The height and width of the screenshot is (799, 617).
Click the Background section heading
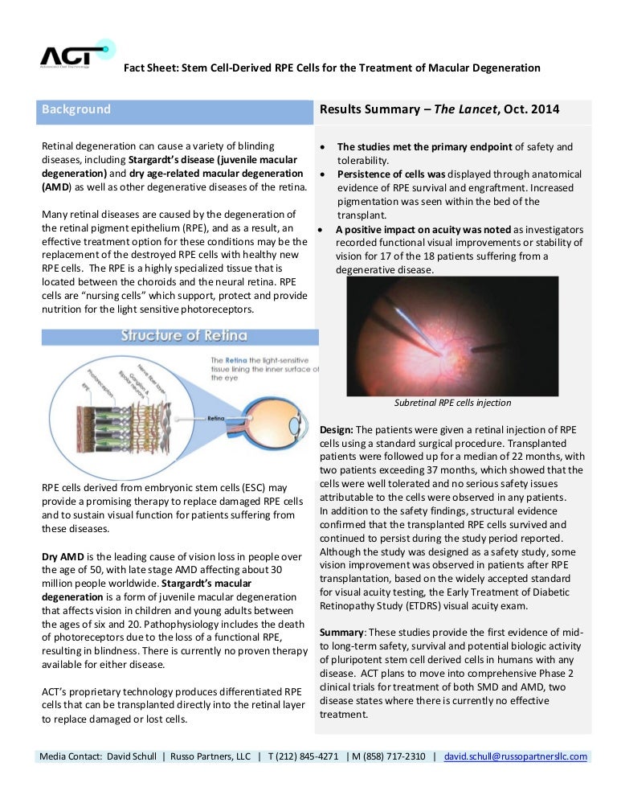point(76,109)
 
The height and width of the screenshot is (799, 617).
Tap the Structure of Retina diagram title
point(184,335)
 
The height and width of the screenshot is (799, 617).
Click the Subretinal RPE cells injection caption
point(453,403)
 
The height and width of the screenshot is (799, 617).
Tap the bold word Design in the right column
point(336,430)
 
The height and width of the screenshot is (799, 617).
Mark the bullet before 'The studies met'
point(322,148)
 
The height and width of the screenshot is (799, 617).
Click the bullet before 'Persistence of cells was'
point(322,174)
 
